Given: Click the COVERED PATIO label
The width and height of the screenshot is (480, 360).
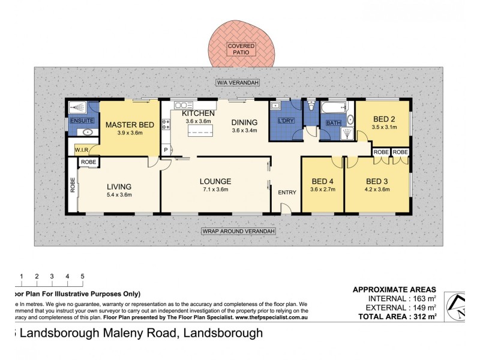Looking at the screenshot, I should [x=240, y=49].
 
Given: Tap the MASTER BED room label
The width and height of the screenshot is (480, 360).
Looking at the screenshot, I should [x=130, y=125].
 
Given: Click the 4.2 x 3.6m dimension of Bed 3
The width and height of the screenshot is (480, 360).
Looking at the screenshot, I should [x=377, y=189].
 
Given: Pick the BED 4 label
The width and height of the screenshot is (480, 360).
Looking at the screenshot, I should [x=322, y=181].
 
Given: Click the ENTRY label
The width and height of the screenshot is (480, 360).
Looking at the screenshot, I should [x=287, y=192].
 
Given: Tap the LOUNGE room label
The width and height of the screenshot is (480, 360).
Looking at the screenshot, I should [x=215, y=181].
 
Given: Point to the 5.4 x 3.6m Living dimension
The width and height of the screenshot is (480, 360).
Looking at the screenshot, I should [x=119, y=194].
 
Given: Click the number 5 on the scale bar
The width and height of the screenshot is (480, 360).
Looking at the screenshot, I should [x=82, y=276].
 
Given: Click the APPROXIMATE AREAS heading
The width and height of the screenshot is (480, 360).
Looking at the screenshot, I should [x=394, y=289].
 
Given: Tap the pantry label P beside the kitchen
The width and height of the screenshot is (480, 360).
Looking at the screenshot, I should [x=166, y=150].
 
